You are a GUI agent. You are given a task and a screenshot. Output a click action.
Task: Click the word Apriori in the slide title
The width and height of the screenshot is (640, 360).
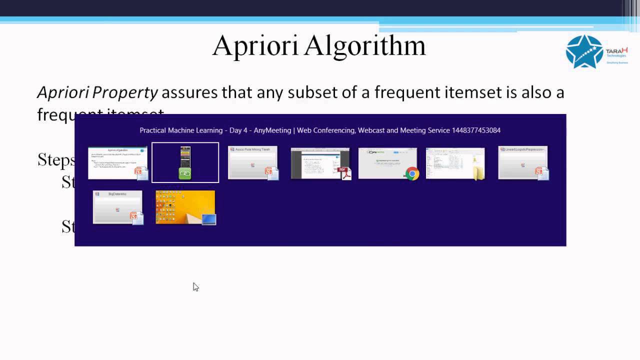pos(255,46)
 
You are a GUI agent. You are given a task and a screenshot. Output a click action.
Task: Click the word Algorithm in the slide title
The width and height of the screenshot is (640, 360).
pos(364,46)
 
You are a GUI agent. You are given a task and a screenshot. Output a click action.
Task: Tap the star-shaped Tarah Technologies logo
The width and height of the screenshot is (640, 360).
pos(584,51)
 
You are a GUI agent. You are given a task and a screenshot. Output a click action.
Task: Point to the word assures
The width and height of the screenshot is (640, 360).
pos(189,92)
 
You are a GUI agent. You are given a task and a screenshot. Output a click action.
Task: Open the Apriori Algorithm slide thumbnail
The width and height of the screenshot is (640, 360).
pos(117,162)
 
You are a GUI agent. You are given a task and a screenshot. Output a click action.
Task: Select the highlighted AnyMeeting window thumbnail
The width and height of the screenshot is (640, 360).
pos(185,162)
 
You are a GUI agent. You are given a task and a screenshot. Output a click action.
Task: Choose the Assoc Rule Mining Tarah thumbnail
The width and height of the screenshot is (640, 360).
pos(252,162)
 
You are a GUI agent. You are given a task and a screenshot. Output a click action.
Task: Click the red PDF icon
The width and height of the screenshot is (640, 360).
pos(345,173)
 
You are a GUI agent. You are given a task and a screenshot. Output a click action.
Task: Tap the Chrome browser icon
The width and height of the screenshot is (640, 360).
pos(412,173)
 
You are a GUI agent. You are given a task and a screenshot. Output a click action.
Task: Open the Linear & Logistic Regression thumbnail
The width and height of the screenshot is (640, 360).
pos(522,162)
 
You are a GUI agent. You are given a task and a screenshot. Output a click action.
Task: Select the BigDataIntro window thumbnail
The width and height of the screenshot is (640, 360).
pos(117,206)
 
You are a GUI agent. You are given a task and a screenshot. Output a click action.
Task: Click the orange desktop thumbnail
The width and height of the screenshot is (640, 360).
pos(185,206)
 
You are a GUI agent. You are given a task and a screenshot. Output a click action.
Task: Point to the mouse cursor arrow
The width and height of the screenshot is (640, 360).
pos(195,286)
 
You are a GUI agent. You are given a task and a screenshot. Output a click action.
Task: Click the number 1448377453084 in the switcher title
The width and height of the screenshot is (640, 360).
pos(476,130)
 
